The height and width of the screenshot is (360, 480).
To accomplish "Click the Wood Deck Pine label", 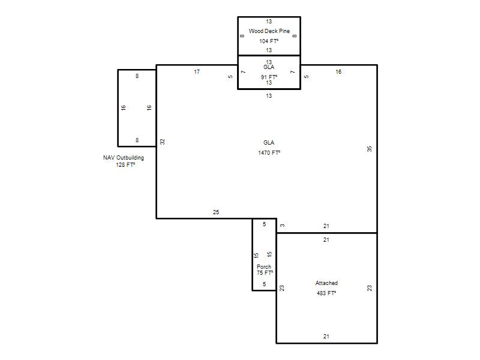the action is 269,31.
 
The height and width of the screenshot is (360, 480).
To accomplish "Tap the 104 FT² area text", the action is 269,41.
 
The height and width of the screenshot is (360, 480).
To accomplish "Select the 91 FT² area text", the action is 269,77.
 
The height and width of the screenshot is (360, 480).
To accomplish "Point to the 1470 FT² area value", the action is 269,152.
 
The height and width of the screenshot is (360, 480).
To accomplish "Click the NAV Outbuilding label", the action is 124,158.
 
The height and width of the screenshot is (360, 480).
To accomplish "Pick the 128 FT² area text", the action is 125,164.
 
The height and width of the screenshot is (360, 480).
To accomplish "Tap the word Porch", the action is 264,266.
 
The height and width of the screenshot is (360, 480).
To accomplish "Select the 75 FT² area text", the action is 265,272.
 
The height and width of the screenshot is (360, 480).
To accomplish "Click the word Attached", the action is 326,283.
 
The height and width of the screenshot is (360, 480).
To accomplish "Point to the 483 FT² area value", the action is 326,293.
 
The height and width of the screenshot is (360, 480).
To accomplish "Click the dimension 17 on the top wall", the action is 197,71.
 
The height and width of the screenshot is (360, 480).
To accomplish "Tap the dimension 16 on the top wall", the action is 338,71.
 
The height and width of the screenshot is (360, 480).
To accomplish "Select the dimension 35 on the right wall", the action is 370,149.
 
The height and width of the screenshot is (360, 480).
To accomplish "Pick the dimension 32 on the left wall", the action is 163,142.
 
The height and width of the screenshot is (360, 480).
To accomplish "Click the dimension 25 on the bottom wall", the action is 216,212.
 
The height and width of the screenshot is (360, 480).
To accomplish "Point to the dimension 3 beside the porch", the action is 282,226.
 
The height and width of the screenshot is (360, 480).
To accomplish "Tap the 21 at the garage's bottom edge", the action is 326,336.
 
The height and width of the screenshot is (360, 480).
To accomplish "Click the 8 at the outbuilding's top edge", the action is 137,76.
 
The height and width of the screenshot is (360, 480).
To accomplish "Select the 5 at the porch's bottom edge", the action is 264,284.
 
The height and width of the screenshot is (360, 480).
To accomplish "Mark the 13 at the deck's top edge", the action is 269,22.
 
